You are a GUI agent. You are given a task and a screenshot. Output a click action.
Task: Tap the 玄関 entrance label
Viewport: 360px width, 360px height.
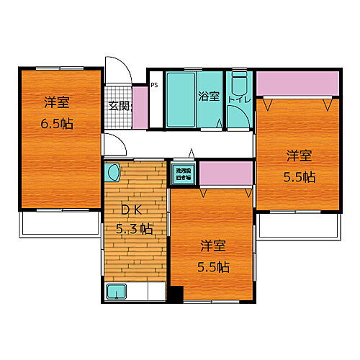click(x=120, y=107)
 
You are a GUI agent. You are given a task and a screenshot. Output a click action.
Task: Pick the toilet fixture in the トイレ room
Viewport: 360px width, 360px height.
click(x=239, y=80)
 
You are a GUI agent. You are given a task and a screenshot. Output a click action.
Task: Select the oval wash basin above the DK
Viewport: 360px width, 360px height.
click(x=112, y=173)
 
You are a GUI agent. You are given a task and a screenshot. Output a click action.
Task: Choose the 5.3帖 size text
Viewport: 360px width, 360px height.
click(x=134, y=230)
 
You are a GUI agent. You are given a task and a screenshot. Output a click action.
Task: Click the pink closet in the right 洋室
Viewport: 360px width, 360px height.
click(x=297, y=85)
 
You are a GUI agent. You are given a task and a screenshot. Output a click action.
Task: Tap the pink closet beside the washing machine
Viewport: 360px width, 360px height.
click(x=225, y=174)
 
